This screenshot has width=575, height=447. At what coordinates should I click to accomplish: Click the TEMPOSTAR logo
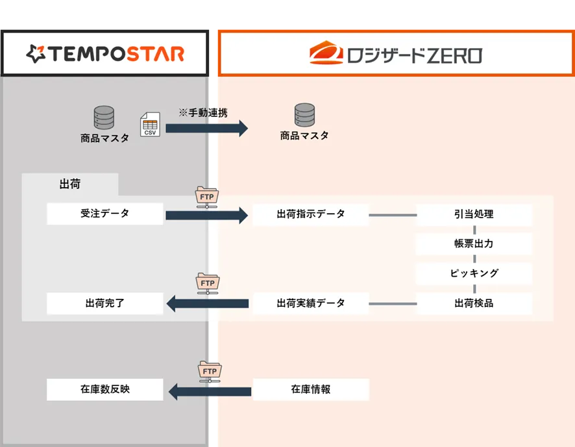[x=105, y=53]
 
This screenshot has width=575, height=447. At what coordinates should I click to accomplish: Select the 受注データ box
[x=104, y=214]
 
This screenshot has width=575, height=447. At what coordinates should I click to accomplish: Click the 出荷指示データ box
[x=310, y=214]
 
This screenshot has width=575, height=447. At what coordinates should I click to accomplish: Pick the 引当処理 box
[x=474, y=214]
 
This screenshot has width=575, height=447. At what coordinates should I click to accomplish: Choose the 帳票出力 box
[x=474, y=244]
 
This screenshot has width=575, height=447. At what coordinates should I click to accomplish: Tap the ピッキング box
[x=474, y=274]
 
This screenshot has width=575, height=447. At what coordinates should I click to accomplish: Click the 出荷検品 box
[x=474, y=303]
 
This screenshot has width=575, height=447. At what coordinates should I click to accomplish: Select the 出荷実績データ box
[x=310, y=303]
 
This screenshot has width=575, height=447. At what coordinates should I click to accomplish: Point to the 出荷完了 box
[x=104, y=303]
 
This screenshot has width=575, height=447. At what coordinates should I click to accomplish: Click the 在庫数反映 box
[x=104, y=390]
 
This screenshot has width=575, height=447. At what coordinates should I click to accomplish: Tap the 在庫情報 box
[x=310, y=390]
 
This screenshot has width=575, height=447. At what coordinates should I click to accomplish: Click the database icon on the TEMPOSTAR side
[x=104, y=118]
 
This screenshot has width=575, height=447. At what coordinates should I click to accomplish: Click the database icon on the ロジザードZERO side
[x=304, y=116]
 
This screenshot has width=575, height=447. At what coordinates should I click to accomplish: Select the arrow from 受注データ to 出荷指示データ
[x=207, y=214]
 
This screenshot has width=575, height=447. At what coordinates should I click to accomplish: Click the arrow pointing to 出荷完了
[x=207, y=303]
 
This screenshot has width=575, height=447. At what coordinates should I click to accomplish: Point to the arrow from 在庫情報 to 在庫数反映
[x=209, y=390]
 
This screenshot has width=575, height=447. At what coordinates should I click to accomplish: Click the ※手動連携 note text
[x=203, y=112]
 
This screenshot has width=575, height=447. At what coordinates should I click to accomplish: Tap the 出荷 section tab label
[x=70, y=185]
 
